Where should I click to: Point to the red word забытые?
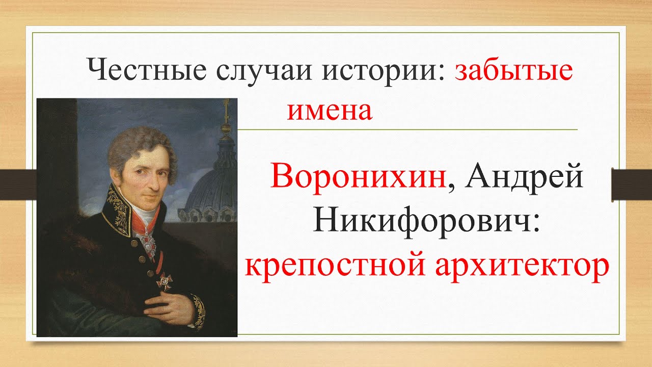(x=513, y=70)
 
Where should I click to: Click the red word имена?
(x=330, y=111)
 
